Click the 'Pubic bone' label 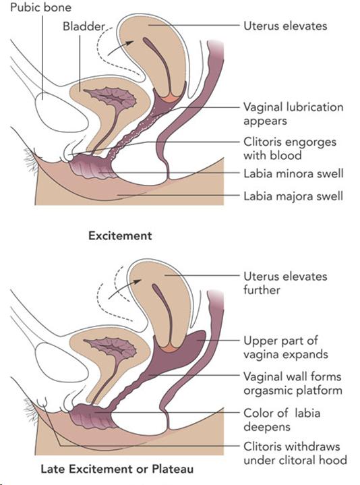tap(40, 7)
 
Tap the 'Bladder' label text tap(84, 26)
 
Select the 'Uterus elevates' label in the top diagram tap(285, 26)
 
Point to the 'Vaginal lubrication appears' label tap(293, 113)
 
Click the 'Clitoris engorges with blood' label tap(289, 148)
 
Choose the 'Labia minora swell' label tap(293, 173)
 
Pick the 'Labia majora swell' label tap(293, 196)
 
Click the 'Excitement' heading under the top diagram tap(120, 235)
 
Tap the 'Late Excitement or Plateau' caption tap(117, 469)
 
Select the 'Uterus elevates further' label tap(285, 283)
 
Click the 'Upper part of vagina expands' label tap(286, 347)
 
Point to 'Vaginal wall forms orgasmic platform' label tap(293, 383)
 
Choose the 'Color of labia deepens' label tap(282, 420)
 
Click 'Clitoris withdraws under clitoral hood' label tap(295, 453)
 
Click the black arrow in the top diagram tap(121, 48)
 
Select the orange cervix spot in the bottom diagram tap(171, 348)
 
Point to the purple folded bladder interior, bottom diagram tap(111, 347)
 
